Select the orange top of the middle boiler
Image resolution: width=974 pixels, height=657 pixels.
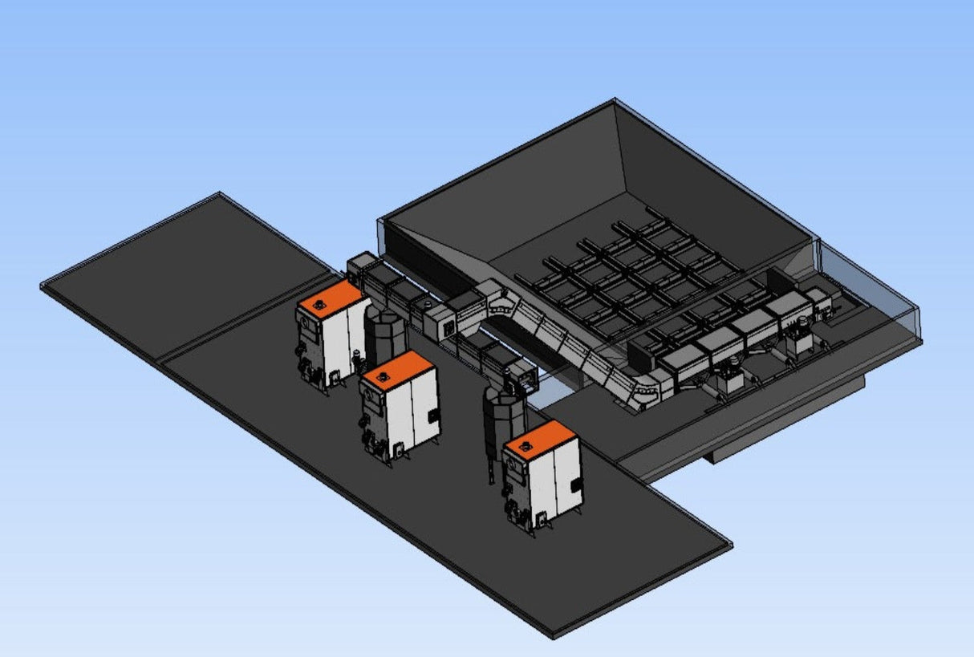coord(396,368)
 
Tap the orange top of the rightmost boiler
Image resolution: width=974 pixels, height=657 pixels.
coord(539,438)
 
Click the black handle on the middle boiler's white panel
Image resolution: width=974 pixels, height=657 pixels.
coord(433,416)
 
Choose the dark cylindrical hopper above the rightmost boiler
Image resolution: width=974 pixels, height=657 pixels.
coord(504,414)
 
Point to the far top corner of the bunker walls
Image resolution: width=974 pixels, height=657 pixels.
coord(615,101)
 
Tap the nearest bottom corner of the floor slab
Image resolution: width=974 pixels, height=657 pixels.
coord(554,635)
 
